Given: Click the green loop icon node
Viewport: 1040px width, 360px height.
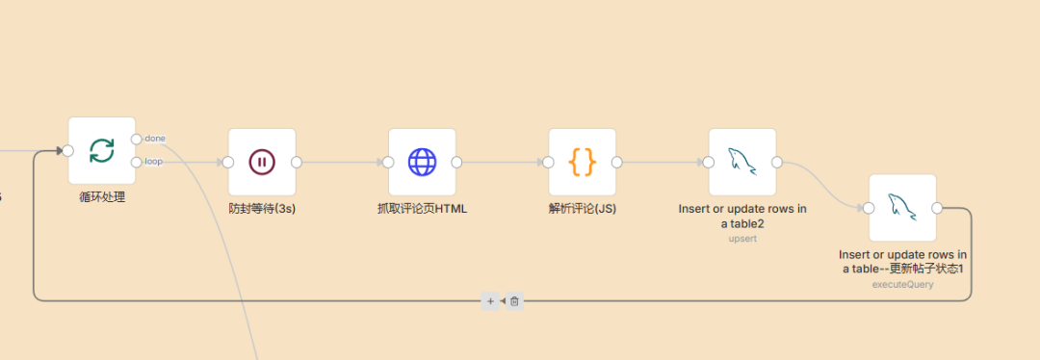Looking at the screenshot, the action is click(x=101, y=150).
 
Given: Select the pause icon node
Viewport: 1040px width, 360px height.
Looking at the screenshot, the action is click(x=262, y=162).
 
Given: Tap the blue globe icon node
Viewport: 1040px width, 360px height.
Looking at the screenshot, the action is click(x=422, y=162).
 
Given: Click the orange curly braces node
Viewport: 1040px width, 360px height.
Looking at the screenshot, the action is click(x=582, y=162).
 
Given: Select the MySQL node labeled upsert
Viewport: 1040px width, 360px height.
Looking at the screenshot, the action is click(x=741, y=162).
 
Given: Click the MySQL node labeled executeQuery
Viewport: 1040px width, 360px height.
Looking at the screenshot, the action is click(x=902, y=207).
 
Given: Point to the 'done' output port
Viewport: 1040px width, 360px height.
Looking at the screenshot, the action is click(x=137, y=139).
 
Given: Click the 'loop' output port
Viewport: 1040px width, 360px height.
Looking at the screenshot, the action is click(x=137, y=162).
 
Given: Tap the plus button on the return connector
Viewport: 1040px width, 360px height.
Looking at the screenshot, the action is click(x=490, y=301).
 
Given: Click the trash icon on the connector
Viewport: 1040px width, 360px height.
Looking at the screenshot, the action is click(x=514, y=301).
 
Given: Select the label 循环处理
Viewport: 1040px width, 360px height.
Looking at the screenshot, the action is click(x=102, y=197).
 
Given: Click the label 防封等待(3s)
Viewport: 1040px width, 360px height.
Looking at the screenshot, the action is click(x=262, y=208).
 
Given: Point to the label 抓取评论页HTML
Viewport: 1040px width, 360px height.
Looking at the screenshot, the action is click(x=422, y=208).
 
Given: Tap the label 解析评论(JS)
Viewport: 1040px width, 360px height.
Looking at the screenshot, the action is click(x=582, y=208).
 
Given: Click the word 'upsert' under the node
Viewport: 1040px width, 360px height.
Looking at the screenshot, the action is click(x=742, y=239).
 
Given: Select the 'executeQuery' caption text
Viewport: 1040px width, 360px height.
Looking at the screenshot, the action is click(x=902, y=284).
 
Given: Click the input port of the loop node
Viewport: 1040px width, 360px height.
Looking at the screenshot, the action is click(x=67, y=150).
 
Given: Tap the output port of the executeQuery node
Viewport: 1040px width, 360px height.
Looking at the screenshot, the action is click(x=937, y=207).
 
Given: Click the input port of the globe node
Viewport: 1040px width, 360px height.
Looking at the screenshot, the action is click(x=388, y=162).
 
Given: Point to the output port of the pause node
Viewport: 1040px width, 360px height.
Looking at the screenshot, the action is click(x=297, y=162).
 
